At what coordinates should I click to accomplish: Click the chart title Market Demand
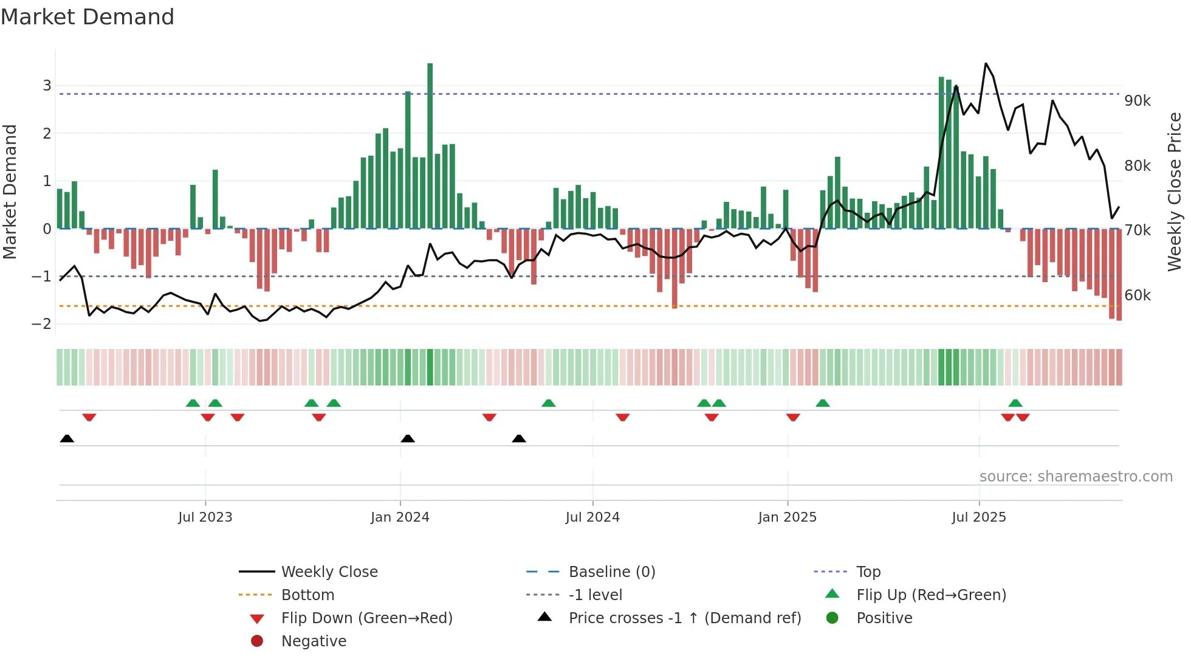(x=88, y=17)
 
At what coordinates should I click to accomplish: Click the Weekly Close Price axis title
(x=1175, y=192)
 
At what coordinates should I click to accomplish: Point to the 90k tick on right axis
(x=1137, y=101)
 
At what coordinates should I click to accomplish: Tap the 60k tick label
(x=1137, y=295)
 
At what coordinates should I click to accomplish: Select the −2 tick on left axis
(x=41, y=324)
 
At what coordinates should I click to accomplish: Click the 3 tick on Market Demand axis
(x=47, y=86)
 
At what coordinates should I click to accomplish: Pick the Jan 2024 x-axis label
(x=400, y=517)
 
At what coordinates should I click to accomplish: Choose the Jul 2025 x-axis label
(x=979, y=517)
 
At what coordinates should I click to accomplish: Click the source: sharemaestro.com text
(x=1076, y=477)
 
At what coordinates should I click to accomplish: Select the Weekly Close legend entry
(x=329, y=572)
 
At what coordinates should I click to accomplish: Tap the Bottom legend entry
(x=307, y=595)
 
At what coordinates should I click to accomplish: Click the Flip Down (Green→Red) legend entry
(x=366, y=618)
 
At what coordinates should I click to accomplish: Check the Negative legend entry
(x=314, y=641)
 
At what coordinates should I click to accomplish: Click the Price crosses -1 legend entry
(x=684, y=618)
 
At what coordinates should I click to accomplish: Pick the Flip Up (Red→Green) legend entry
(x=931, y=595)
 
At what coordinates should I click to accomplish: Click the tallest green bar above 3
(x=430, y=146)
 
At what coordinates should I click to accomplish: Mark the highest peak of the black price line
(x=986, y=64)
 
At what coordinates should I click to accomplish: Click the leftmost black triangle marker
(x=67, y=439)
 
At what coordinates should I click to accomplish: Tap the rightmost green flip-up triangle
(x=1015, y=403)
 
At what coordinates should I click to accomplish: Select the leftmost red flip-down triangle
(x=89, y=417)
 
